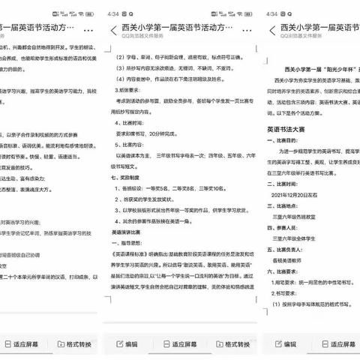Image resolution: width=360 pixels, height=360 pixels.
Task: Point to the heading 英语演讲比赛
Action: click(x=128, y=232)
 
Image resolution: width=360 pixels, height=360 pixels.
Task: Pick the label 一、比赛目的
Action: click(x=287, y=139)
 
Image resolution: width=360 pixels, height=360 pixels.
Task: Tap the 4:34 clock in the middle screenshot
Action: click(x=113, y=13)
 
